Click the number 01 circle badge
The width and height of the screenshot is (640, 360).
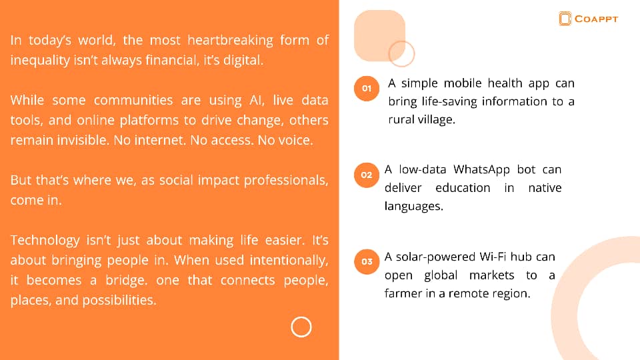(x=367, y=88)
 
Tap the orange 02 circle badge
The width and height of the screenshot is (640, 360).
(x=367, y=175)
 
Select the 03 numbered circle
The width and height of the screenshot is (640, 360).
(x=367, y=261)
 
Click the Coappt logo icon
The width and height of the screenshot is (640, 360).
(x=565, y=19)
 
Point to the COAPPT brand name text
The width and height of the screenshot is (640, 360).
(x=596, y=19)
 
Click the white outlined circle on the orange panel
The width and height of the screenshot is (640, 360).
(x=301, y=327)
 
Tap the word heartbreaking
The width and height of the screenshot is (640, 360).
(x=230, y=40)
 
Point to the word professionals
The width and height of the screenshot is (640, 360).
(x=286, y=181)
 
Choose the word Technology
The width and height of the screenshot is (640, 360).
(x=45, y=240)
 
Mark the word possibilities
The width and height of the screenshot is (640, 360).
(x=119, y=301)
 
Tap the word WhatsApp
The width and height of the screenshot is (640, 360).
(x=481, y=169)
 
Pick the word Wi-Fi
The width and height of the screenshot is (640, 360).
(x=493, y=257)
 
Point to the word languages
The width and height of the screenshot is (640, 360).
(x=414, y=206)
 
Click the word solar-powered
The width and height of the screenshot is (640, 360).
(x=435, y=257)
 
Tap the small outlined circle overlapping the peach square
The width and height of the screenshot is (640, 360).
(x=401, y=41)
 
